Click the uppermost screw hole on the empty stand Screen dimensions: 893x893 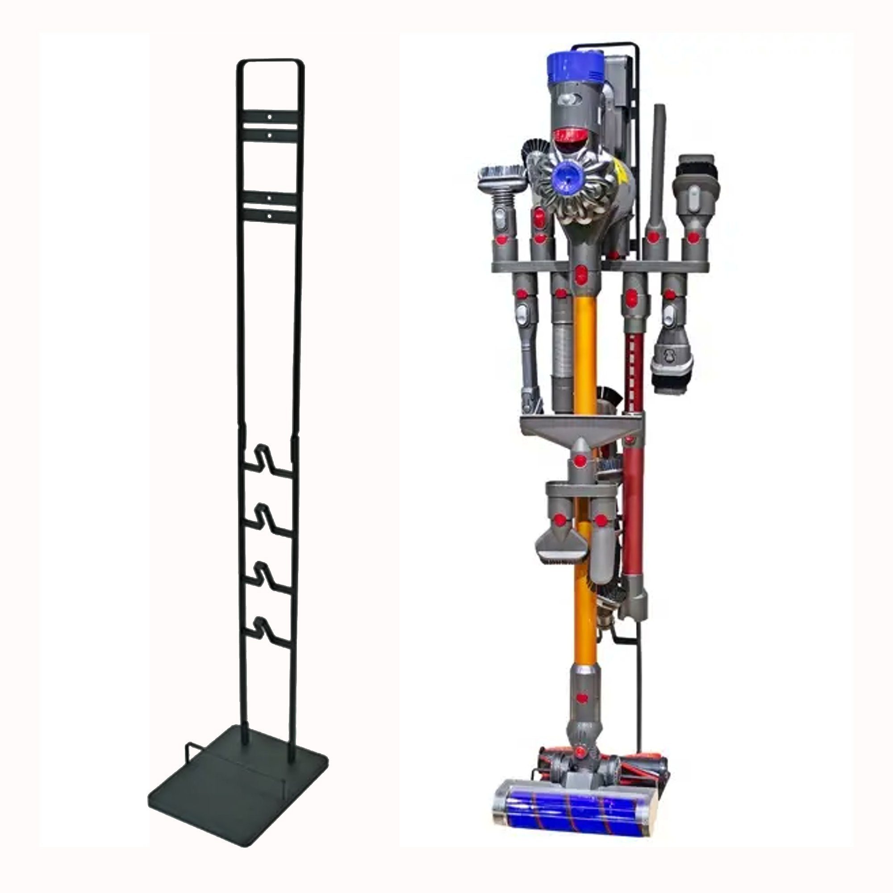269,118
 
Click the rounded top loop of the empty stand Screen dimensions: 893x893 269,63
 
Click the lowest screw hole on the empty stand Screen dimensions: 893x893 269,215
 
